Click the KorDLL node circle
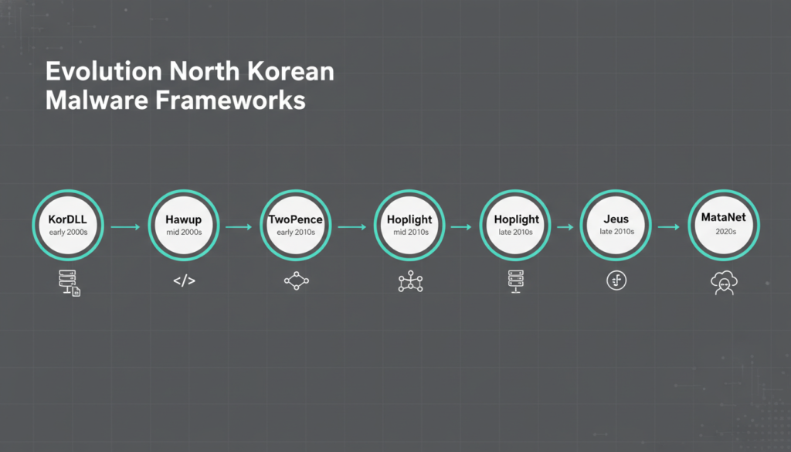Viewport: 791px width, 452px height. [68, 225]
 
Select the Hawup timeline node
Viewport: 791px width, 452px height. [184, 225]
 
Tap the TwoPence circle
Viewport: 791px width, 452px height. [296, 225]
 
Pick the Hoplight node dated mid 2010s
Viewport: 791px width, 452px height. [409, 225]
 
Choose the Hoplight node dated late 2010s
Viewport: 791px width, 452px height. [516, 225]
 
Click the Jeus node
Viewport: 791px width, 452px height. [616, 225]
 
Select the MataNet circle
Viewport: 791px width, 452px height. [724, 225]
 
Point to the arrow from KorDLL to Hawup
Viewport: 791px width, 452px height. [125, 227]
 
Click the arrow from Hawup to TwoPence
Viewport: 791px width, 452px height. [239, 227]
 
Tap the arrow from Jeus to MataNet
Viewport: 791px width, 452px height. [668, 227]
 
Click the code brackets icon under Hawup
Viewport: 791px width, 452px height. [184, 281]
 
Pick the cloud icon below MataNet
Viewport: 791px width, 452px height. [724, 284]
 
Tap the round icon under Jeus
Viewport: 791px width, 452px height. [616, 280]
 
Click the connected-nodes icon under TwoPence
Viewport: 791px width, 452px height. [296, 281]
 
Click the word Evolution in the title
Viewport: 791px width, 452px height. [93, 73]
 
